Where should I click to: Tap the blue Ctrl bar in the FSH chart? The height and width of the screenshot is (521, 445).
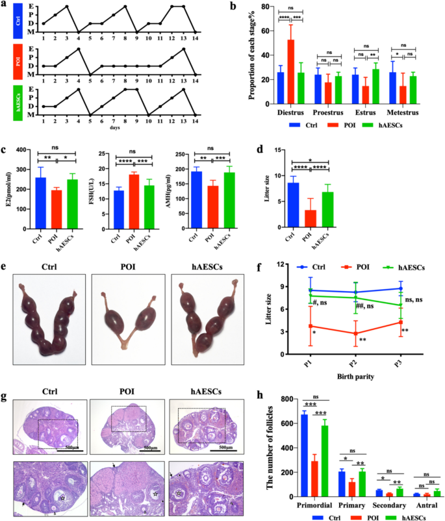pyautogui.click(x=118, y=202)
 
